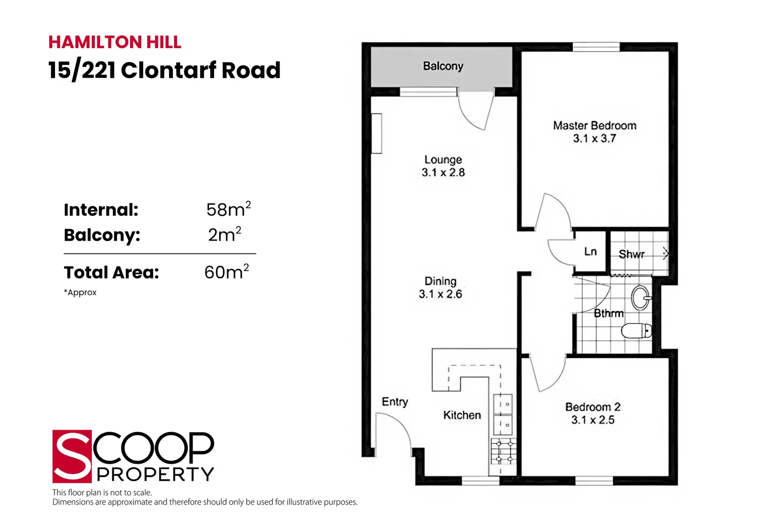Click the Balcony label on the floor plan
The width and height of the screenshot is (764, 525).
click(x=443, y=66)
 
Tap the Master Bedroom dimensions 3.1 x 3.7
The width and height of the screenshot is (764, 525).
click(x=594, y=139)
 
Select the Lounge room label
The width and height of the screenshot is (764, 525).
click(x=443, y=159)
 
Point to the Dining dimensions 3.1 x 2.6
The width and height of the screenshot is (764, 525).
click(x=440, y=294)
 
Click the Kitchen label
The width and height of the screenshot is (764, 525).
click(x=462, y=415)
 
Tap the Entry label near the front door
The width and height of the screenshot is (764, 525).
click(x=394, y=402)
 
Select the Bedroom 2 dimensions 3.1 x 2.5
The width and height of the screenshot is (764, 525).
click(x=592, y=420)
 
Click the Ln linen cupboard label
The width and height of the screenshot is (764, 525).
click(x=590, y=252)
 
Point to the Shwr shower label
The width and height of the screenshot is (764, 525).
click(x=631, y=254)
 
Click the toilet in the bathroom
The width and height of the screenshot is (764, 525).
click(x=636, y=331)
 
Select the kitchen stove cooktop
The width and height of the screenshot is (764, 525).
click(x=503, y=452)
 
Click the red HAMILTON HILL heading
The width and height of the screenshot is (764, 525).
click(x=115, y=42)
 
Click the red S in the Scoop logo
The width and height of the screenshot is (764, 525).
click(x=72, y=456)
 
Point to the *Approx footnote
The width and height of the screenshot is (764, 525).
click(x=80, y=293)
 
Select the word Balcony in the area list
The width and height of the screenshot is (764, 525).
click(x=102, y=235)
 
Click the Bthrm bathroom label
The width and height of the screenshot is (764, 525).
click(x=608, y=314)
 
